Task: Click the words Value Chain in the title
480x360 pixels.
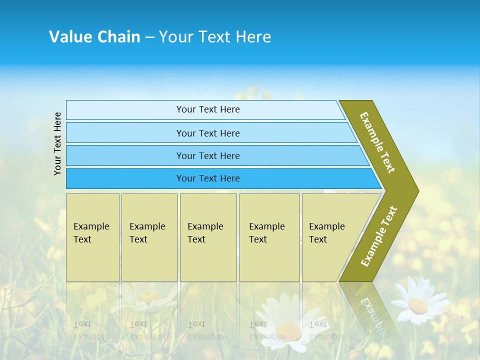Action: [x=94, y=37]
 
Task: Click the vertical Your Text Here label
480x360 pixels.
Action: [x=58, y=143]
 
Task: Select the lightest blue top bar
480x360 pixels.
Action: [x=125, y=110]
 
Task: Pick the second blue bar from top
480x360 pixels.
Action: [x=125, y=133]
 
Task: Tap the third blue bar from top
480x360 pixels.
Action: [x=125, y=155]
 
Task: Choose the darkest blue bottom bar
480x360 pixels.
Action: [x=125, y=178]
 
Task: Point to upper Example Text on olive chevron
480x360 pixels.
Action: [x=377, y=143]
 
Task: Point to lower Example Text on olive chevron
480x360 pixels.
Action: [x=378, y=236]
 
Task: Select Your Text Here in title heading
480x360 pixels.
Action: [x=215, y=37]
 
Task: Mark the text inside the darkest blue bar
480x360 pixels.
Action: [x=208, y=178]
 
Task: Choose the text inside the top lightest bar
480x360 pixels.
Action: [x=208, y=109]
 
